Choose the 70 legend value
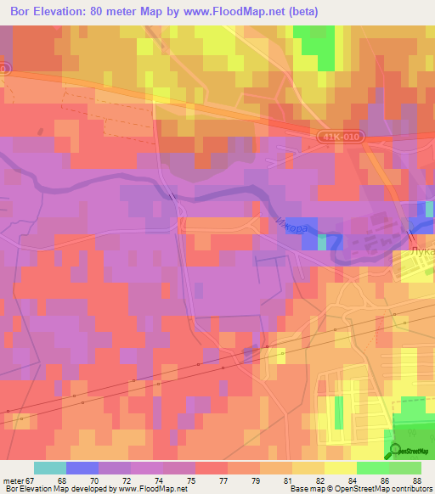click(115, 480)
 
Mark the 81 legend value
click(276, 480)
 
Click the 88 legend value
click(404, 480)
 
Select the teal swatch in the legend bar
click(49, 468)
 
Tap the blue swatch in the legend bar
click(82, 468)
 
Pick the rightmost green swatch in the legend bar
click(404, 468)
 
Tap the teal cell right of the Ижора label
click(321, 243)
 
